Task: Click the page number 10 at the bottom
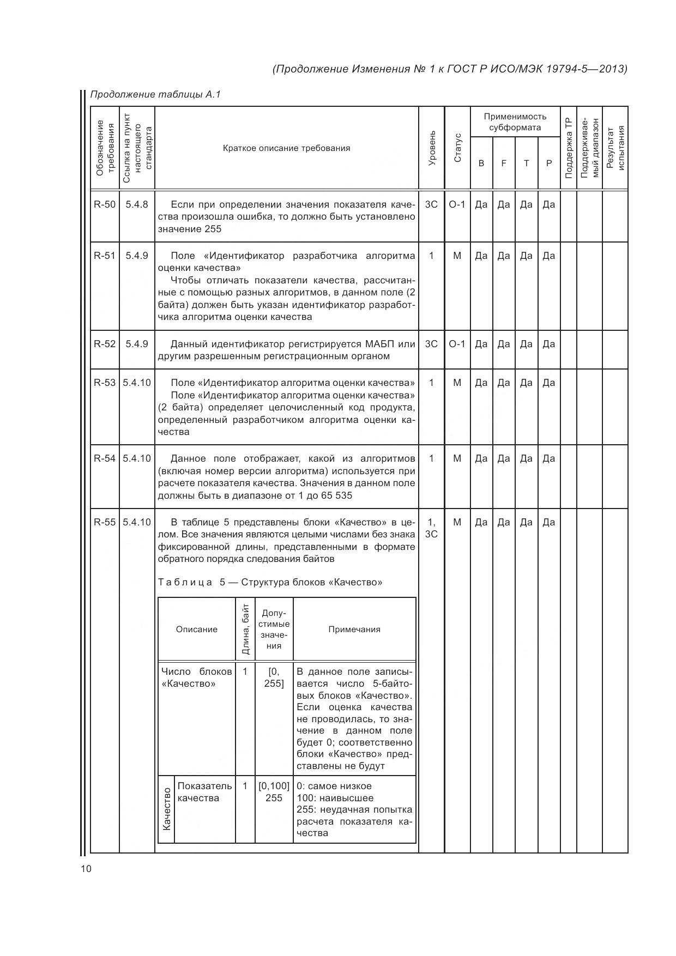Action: coord(86,869)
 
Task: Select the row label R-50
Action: coord(105,205)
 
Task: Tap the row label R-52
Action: coord(105,344)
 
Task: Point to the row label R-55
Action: coord(105,522)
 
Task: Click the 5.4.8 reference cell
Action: coord(137,205)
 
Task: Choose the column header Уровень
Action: coord(432,148)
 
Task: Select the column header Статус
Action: coord(457,148)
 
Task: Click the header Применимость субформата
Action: coord(515,122)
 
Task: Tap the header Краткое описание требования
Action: coord(287,148)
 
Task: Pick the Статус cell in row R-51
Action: coord(457,256)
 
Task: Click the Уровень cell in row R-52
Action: coord(431,344)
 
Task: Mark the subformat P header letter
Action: coord(549,163)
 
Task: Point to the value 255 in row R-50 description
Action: coord(213,229)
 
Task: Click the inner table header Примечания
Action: coord(354,630)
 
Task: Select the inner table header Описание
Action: coord(196,630)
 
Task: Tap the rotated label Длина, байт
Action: coord(245,630)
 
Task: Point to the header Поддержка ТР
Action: coord(568,148)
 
